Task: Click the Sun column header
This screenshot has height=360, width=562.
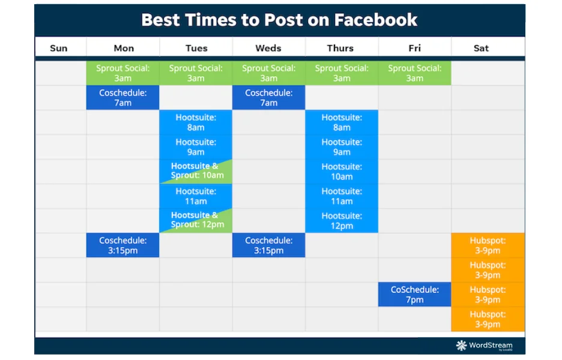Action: tap(59, 48)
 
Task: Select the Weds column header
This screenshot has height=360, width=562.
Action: tap(268, 48)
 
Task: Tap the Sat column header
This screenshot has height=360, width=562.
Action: tap(481, 48)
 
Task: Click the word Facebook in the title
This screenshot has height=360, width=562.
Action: tap(376, 20)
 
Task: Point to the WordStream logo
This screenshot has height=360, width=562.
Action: tap(484, 346)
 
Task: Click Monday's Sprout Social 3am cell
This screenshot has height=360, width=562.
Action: tap(122, 73)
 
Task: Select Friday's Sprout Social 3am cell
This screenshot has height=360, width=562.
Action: tap(415, 73)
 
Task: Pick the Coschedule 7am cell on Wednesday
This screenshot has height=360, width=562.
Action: tap(269, 97)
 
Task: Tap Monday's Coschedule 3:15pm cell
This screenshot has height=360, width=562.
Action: tap(122, 245)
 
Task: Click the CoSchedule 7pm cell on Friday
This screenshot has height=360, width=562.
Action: tap(415, 295)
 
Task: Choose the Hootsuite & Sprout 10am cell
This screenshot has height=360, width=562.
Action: tap(196, 171)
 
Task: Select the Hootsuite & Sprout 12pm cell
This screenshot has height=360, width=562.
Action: tap(196, 221)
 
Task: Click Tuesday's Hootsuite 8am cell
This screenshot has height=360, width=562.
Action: tap(196, 122)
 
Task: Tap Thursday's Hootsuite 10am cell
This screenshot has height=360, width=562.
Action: tap(342, 171)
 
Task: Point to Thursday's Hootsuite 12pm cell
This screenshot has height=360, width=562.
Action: tap(342, 221)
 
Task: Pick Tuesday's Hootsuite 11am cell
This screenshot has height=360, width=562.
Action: tap(196, 196)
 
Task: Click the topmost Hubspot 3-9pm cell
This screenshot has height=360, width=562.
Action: tap(488, 245)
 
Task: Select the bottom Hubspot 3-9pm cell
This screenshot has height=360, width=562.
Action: tap(488, 319)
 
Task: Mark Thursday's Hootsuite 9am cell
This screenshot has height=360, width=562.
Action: tap(342, 147)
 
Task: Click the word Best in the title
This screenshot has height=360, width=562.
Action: tap(161, 20)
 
